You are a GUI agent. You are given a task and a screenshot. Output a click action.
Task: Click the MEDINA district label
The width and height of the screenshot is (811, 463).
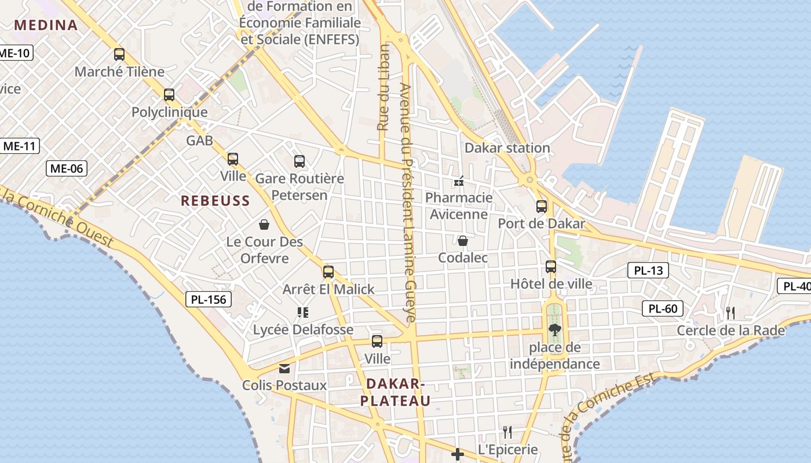[46, 25]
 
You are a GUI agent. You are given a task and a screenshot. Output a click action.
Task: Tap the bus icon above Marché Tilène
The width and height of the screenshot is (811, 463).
[119, 54]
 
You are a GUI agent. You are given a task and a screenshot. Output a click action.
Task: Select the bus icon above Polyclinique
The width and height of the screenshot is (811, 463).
[169, 95]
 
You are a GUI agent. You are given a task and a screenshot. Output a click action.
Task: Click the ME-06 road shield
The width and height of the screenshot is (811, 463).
[67, 168]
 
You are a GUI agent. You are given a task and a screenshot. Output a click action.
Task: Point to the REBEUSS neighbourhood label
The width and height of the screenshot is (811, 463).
[215, 201]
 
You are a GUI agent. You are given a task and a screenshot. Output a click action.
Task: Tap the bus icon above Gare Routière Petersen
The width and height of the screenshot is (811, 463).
[299, 161]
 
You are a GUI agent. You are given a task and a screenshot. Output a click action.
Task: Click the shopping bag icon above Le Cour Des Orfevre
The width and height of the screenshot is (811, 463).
[264, 225]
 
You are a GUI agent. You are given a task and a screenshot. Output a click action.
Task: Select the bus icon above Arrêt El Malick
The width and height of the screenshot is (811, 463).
[328, 272]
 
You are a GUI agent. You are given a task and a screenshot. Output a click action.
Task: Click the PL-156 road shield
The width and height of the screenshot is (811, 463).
[209, 299]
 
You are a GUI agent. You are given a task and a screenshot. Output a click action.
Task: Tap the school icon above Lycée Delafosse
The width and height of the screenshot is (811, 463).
[302, 313]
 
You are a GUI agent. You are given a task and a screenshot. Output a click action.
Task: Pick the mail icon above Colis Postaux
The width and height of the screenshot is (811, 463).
[284, 368]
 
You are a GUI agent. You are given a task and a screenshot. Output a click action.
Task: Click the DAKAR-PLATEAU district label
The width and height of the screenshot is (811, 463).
[395, 392]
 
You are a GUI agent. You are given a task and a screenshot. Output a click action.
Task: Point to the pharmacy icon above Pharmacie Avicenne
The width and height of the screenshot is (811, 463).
[459, 181]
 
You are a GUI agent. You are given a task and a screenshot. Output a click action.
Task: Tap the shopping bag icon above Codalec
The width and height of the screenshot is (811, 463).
[463, 241]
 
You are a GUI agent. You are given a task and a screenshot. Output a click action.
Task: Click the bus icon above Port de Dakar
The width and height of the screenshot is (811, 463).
[542, 207]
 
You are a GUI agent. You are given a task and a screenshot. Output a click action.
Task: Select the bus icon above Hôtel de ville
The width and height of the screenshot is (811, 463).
[551, 267]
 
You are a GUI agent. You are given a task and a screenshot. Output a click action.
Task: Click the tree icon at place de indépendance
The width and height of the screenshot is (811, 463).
[555, 330]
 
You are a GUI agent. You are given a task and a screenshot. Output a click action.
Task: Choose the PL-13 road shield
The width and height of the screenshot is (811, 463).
[648, 270]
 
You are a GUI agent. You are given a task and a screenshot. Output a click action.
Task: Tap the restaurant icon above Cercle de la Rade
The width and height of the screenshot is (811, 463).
[730, 313]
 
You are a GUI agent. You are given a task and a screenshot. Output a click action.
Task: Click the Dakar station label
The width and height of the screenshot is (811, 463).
[507, 148]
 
